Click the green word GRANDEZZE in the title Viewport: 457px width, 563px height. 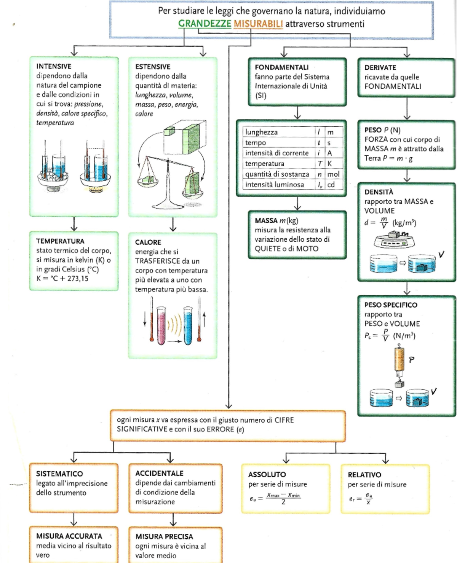tap(205, 24)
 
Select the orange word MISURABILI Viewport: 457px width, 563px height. tap(258, 24)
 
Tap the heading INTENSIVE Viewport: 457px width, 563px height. tap(54, 66)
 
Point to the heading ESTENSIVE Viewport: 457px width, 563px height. tap(153, 67)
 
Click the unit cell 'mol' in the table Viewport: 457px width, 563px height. tap(333, 174)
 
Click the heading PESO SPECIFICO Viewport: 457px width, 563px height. tap(391, 305)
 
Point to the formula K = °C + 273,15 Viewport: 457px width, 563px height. tap(62, 279)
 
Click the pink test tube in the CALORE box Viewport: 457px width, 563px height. tap(161, 325)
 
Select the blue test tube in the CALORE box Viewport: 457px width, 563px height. tap(188, 325)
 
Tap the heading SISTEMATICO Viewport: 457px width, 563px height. tap(59, 474)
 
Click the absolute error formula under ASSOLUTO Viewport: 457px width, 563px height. tap(275, 499)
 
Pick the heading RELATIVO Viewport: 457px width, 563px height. tap(364, 475)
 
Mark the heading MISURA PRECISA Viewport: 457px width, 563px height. tap(164, 537)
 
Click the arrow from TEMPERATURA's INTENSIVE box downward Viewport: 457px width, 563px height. tap(74, 224)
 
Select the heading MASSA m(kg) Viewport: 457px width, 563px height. tap(276, 220)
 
